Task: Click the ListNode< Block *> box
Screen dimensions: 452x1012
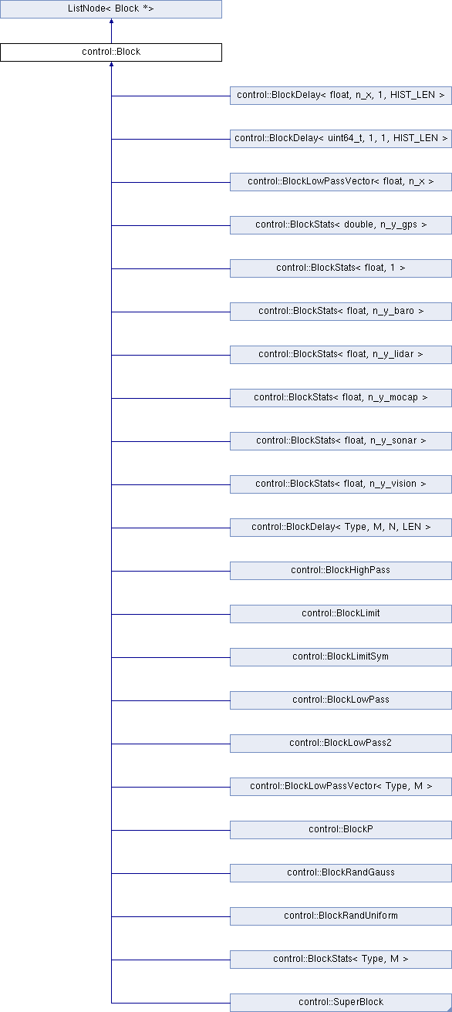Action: click(111, 9)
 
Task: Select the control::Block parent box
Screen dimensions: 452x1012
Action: click(111, 52)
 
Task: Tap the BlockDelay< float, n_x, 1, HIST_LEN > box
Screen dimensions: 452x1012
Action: click(341, 96)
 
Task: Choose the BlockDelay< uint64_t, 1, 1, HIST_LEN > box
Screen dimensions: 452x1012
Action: click(341, 139)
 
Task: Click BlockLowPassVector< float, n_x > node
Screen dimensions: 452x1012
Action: click(341, 181)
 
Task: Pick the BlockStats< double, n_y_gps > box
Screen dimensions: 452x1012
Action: click(341, 225)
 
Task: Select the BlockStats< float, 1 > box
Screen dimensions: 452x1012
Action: click(341, 268)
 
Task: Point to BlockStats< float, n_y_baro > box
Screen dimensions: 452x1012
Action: click(341, 312)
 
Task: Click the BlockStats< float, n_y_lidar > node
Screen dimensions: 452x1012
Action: click(341, 355)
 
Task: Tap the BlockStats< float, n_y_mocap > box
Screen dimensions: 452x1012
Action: click(341, 397)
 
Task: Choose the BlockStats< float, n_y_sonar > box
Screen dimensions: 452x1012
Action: click(341, 441)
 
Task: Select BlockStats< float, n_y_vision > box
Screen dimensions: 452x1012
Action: click(341, 484)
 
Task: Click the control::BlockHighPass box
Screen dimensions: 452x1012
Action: click(341, 571)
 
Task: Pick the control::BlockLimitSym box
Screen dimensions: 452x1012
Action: click(341, 657)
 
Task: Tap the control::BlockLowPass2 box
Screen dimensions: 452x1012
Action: click(341, 744)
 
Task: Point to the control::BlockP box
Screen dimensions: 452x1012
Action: click(341, 829)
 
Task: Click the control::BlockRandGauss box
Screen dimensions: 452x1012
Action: click(341, 873)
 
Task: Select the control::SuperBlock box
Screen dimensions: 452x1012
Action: click(341, 1003)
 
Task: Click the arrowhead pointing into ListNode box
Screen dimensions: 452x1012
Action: click(111, 21)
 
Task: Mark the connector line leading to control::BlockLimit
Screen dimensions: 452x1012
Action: click(171, 614)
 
